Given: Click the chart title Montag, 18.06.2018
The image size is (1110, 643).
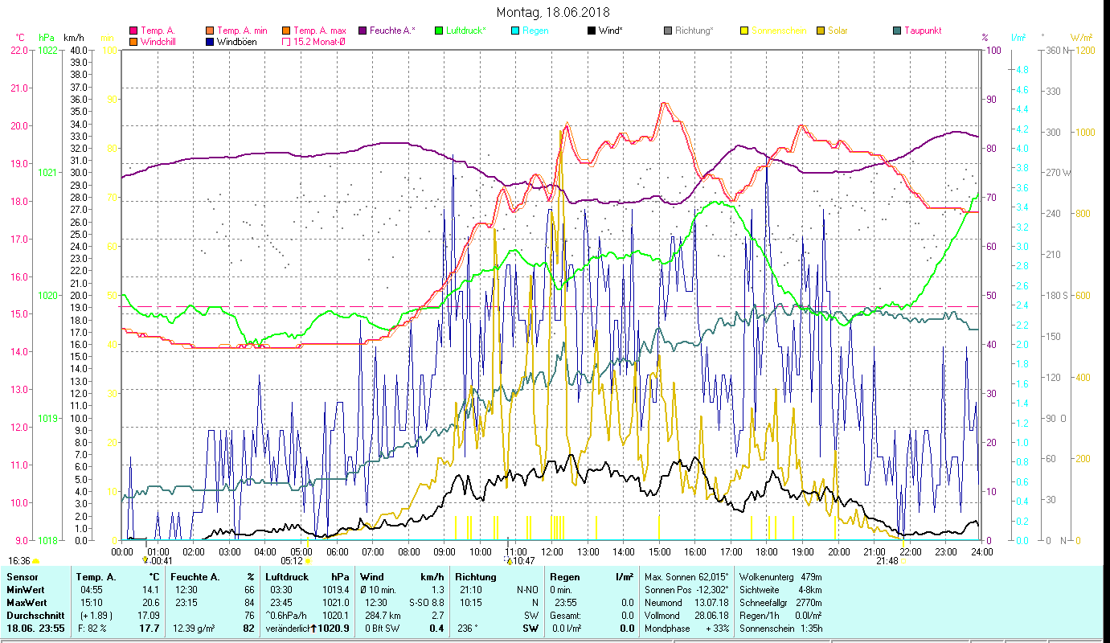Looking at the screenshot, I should coord(553,12).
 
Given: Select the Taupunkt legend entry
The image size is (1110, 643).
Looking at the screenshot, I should coord(922,31).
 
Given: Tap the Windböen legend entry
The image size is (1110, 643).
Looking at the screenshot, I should coord(236,42).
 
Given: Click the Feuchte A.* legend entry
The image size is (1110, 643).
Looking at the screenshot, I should coord(392,31).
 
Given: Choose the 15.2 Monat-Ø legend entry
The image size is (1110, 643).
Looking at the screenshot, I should coord(319,42).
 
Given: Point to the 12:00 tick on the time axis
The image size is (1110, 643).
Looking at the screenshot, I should coord(552,551).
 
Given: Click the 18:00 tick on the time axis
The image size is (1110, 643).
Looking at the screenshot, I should coord(767,551).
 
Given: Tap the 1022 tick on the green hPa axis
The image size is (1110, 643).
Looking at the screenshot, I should coord(47,50).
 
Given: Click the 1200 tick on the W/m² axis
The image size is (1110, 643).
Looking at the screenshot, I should coord(1083,50).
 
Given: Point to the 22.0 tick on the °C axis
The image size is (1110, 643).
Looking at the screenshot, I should coord(18,50).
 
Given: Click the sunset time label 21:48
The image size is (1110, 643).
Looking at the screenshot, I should coord(887,561).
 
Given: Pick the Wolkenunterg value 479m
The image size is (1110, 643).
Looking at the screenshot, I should coord(812,576).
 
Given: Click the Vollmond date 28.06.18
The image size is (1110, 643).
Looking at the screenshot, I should coord(712,615).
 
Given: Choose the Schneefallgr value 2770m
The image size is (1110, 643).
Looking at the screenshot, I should coord(809,602).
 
